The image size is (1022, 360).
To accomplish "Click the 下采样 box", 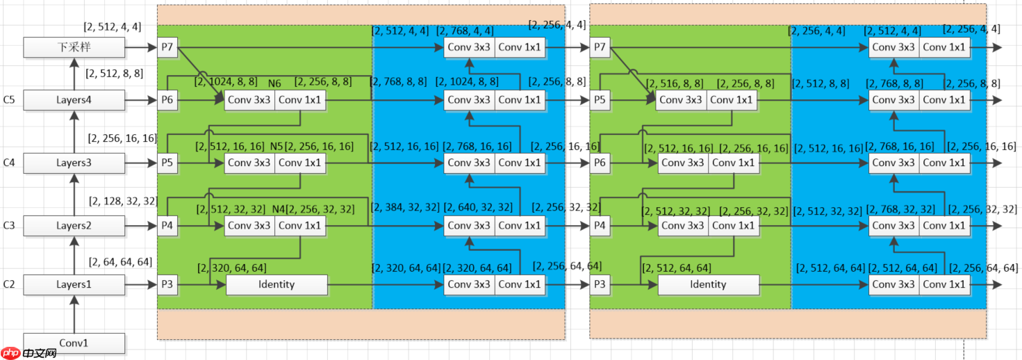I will (74, 47).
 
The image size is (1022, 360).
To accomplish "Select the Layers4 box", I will (74, 100).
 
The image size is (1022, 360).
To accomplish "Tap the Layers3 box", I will (74, 163).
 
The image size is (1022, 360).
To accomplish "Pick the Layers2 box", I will (74, 225).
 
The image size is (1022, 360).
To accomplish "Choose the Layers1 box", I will (74, 284).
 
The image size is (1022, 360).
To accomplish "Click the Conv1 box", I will (74, 343).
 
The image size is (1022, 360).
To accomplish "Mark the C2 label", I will (9, 284).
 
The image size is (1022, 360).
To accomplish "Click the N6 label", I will (274, 84).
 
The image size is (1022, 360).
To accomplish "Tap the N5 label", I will (277, 147).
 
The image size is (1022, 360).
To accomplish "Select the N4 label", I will (279, 209).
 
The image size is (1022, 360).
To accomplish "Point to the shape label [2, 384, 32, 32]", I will (405, 207).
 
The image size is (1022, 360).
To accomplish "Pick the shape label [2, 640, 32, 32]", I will (477, 207).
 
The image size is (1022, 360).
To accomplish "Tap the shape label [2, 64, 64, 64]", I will (120, 262).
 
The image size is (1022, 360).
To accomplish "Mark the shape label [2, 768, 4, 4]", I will (465, 31).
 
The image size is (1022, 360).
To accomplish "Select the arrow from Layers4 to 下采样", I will (74, 74).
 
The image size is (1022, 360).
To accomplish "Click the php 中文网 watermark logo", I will (29, 353).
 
